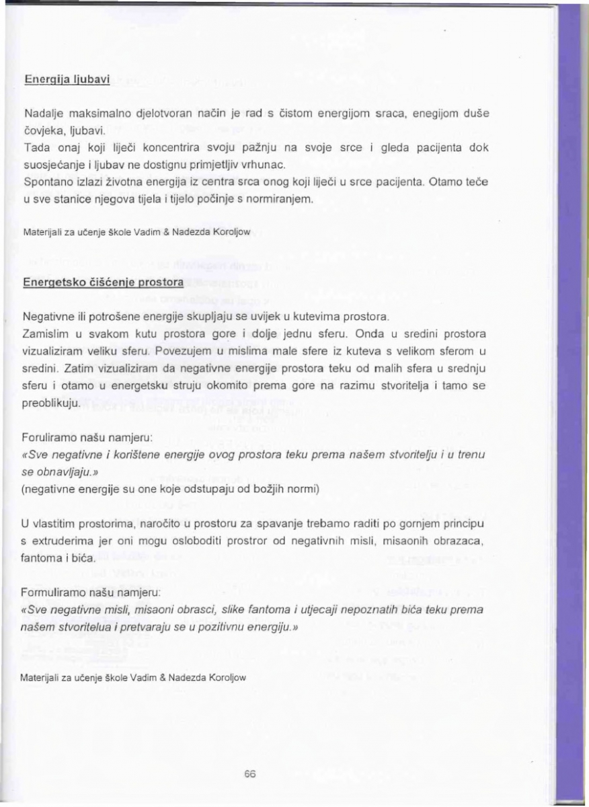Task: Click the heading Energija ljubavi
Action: tap(67, 79)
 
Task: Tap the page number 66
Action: tap(250, 773)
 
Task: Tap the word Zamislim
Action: tap(45, 334)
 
